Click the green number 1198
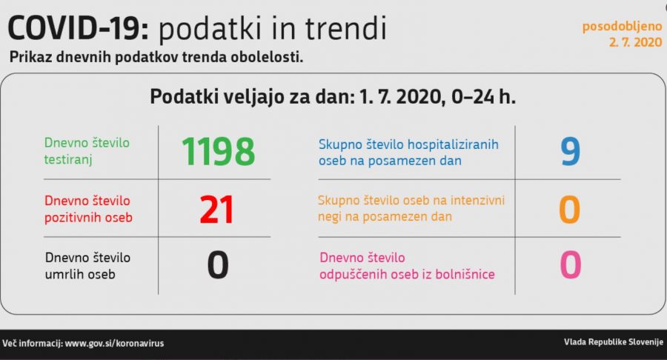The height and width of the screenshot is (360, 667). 218,152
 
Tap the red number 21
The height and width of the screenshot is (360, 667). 216,210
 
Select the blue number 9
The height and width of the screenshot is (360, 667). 570,152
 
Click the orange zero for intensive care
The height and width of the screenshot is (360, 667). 570,210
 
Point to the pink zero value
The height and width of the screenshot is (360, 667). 571,264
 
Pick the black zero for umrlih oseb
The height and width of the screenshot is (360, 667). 218,264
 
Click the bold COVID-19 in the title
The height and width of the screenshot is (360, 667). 79,28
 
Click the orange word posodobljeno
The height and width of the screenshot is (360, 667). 622,27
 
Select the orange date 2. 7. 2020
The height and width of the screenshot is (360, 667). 636,42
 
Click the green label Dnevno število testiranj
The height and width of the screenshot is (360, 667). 87,151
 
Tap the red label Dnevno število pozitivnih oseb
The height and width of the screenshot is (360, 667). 88,209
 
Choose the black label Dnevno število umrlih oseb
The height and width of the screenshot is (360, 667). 87,266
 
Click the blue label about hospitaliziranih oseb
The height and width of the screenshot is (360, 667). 408,152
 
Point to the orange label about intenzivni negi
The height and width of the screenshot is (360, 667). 411,208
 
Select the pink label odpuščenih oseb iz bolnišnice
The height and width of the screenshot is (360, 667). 407,266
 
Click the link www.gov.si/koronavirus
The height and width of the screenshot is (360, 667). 114,344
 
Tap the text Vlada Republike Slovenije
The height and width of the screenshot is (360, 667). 614,341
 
